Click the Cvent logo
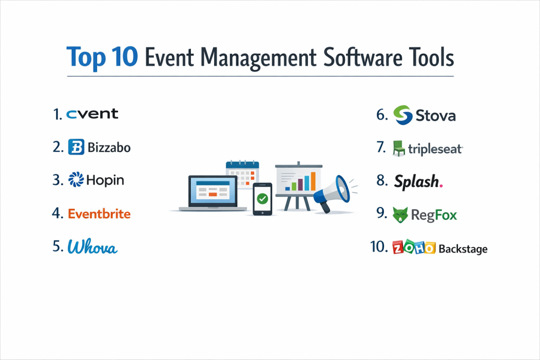coord(92,114)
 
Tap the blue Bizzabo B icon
coord(76,147)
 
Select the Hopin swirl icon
coord(76,179)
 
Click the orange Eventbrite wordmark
coord(99,213)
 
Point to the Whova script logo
coord(92,247)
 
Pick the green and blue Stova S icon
coord(402,115)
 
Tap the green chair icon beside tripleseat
coord(399,148)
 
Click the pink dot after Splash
coord(441,186)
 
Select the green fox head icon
coord(400,215)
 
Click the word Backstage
coord(463,248)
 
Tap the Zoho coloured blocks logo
coord(414,247)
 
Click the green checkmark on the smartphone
coord(263,199)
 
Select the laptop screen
coord(213,191)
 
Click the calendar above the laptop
coord(243,174)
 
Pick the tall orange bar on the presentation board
coord(313,181)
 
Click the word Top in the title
coord(86,57)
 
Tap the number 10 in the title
coord(124,57)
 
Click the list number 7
coord(381,147)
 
